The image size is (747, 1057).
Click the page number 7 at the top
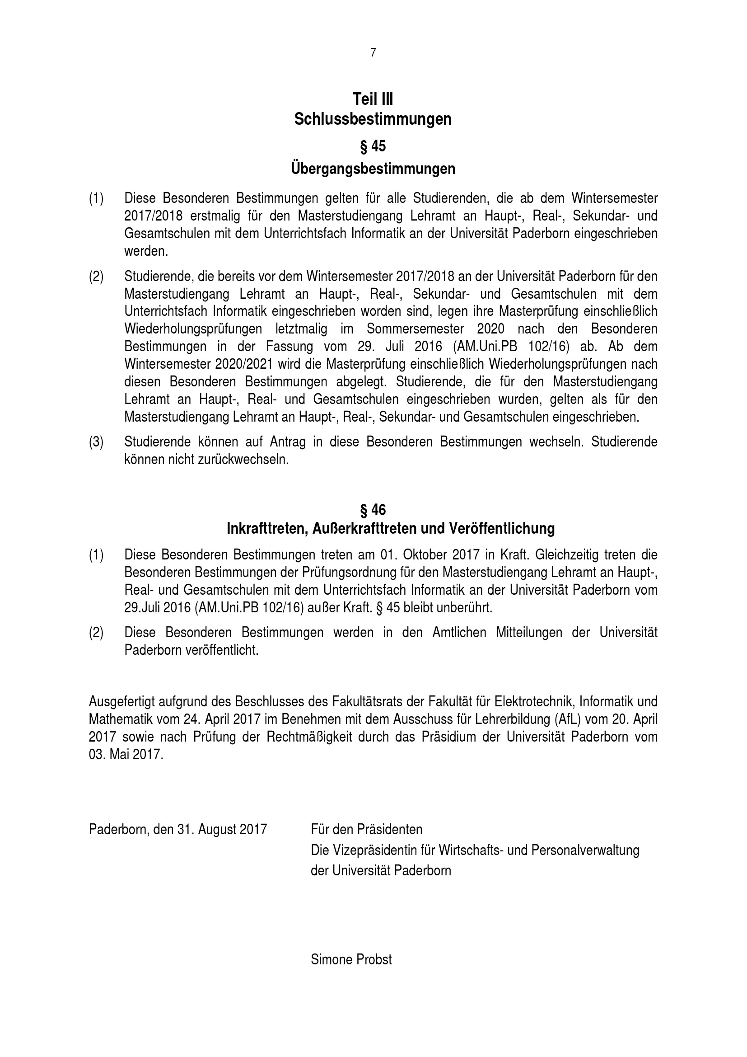coord(373,53)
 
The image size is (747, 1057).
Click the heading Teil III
coord(373,99)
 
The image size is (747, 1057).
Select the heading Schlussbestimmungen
coord(373,119)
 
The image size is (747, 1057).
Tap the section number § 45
coord(373,146)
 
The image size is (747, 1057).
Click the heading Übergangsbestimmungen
coord(373,169)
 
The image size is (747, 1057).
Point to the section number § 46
coord(373,510)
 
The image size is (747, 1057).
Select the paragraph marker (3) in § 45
coord(96,442)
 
